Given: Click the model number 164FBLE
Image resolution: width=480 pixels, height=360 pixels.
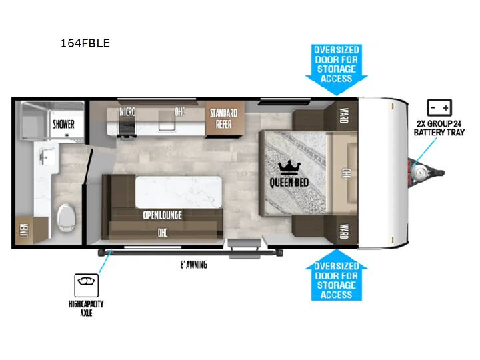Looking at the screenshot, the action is tap(85, 43).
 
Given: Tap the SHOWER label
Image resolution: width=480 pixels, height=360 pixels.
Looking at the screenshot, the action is tap(64, 124).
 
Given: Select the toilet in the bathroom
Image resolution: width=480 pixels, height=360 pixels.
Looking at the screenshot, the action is tap(67, 217).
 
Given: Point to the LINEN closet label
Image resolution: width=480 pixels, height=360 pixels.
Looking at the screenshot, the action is tap(24, 231).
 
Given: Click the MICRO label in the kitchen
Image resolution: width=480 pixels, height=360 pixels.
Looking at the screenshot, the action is tap(127, 112).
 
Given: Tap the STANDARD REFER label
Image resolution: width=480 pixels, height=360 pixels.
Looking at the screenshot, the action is tap(223, 119).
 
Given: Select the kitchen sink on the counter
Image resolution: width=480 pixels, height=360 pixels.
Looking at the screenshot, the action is tap(167, 120).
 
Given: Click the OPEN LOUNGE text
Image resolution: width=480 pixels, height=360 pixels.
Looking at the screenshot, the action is tap(162, 215).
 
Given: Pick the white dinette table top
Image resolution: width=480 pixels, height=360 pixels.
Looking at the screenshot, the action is tap(178, 192).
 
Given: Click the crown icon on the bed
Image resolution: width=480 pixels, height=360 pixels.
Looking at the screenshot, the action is tap(289, 168).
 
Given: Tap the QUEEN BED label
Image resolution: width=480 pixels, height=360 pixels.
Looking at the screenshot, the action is tap(289, 183).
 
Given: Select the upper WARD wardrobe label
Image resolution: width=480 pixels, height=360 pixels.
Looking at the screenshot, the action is tap(344, 115).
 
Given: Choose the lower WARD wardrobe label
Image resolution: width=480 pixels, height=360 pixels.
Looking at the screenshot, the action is tap(344, 231).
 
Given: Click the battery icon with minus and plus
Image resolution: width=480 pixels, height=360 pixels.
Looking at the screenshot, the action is tap(439, 107).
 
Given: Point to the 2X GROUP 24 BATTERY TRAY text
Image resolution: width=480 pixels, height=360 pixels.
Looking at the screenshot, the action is tap(439, 128).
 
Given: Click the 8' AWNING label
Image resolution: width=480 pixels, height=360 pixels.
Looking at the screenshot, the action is tap(193, 265).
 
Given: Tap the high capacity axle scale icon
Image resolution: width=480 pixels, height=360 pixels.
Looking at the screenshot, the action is tap(86, 285).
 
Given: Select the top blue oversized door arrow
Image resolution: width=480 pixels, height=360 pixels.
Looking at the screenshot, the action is tap(337, 69).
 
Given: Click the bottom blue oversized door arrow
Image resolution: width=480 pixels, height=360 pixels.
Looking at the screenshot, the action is tap(337, 275).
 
